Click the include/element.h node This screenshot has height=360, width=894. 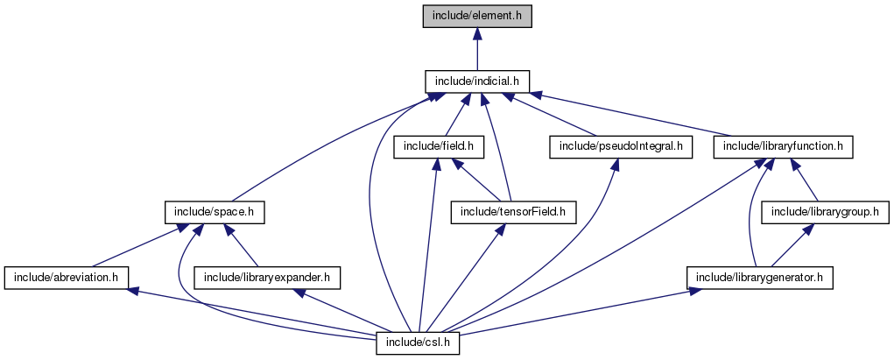point(477,17)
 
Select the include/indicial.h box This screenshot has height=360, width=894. point(477,81)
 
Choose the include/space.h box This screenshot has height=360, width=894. point(215,212)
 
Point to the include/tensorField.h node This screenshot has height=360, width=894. point(513,212)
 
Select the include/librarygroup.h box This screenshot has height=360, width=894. point(827,212)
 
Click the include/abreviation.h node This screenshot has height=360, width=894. point(67,278)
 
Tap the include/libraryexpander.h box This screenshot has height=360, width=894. point(267,278)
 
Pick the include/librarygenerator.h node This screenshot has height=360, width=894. point(760,278)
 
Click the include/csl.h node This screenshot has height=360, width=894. point(419,342)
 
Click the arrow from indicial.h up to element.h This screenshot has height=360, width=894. point(477,49)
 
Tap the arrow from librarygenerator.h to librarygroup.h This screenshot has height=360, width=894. point(793,245)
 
